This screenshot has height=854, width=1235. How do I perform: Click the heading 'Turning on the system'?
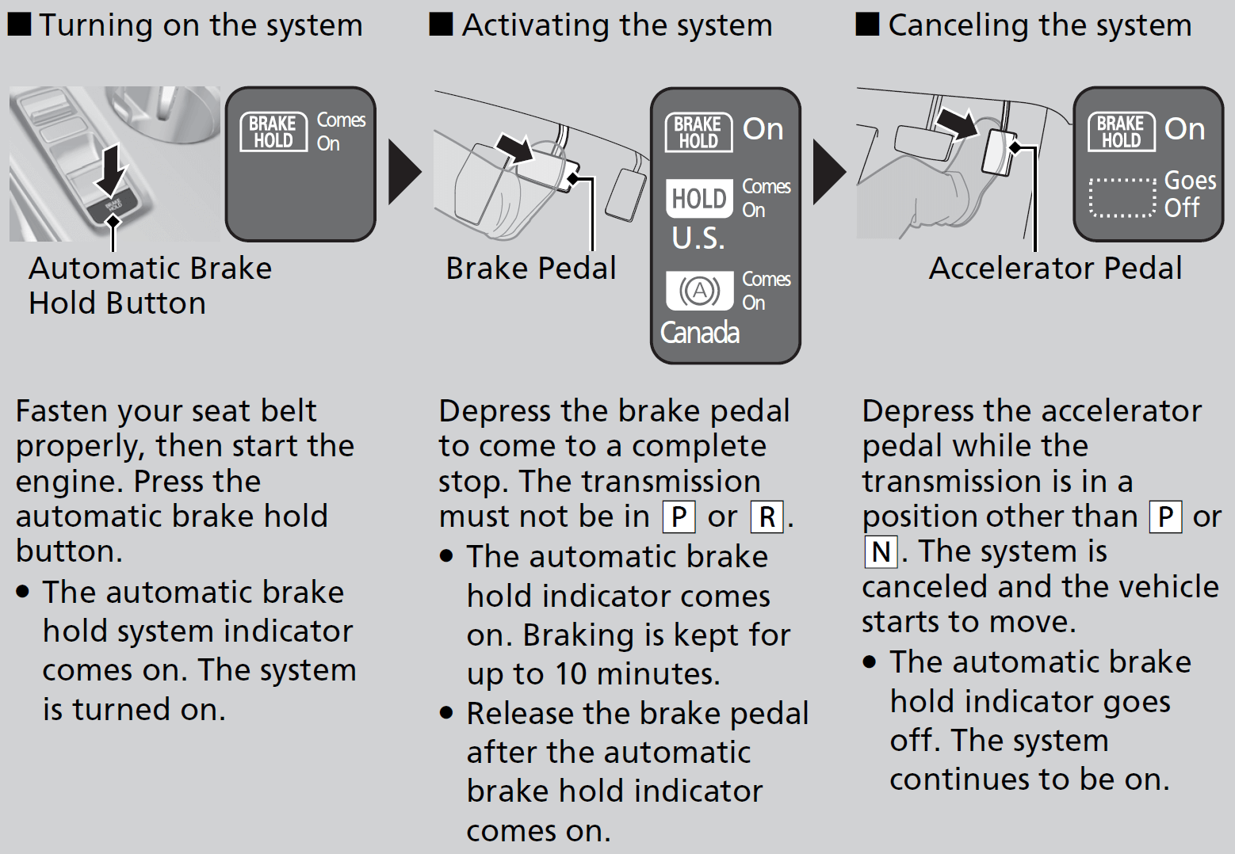201,25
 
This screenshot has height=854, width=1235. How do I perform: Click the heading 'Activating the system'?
617,25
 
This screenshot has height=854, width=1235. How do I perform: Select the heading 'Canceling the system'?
1039,25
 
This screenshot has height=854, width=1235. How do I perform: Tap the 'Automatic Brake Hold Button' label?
150,285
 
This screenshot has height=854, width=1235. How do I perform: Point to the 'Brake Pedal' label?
530,269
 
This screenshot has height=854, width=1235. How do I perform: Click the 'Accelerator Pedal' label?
1055,269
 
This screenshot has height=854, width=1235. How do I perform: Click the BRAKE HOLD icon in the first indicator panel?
273,132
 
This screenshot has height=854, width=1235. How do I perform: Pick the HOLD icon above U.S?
699,198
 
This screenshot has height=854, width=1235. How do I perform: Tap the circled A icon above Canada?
699,291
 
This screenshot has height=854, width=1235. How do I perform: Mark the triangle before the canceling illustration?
829,172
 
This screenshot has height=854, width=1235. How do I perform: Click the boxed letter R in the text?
767,517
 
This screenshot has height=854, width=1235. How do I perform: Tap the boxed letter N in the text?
881,552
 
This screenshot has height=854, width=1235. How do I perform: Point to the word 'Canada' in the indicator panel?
700,333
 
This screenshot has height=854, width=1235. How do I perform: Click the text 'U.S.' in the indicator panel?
698,238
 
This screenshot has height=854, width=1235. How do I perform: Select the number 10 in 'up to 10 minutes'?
570,674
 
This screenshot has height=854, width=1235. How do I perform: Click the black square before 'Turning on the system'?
19,25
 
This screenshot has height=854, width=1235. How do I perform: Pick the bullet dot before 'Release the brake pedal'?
447,713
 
